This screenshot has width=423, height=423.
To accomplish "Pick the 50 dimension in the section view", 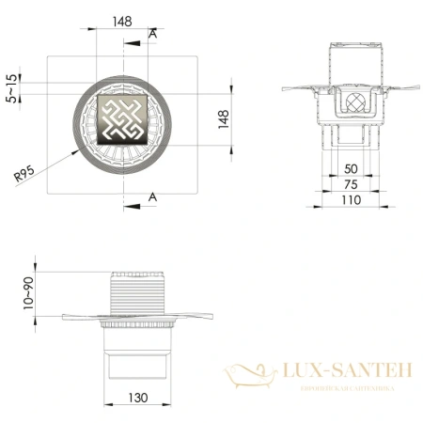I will click(349, 167).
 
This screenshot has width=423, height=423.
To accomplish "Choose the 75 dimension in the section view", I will click(349, 183).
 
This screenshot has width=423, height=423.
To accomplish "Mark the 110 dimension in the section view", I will click(350, 199).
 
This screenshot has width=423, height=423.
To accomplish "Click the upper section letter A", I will click(153, 34).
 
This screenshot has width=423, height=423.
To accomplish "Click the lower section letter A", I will click(153, 196).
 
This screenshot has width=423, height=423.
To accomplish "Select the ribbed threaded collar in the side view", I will click(138, 294).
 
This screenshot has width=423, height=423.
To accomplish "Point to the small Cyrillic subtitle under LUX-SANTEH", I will click(347, 387).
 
